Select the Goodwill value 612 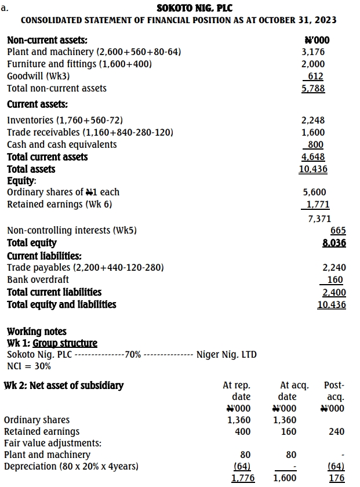315,77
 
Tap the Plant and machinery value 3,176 313,52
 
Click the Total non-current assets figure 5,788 313,89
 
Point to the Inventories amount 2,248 313,121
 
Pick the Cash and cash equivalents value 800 315,145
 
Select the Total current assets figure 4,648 313,157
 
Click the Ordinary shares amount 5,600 314,192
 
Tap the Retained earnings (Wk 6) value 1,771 317,204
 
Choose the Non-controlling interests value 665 338,231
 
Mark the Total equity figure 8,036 334,243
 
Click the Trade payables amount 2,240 334,268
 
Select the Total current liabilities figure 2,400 334,292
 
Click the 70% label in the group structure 133,354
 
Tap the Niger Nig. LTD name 227,354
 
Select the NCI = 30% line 28,366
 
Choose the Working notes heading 37,332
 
